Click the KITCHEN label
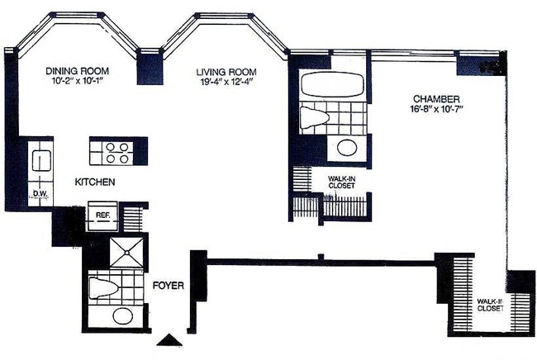click(x=95, y=182)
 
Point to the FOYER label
click(x=168, y=286)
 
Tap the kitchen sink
click(x=40, y=160)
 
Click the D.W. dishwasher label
click(x=39, y=196)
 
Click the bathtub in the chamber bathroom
click(x=333, y=85)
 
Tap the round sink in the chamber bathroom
click(x=345, y=149)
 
